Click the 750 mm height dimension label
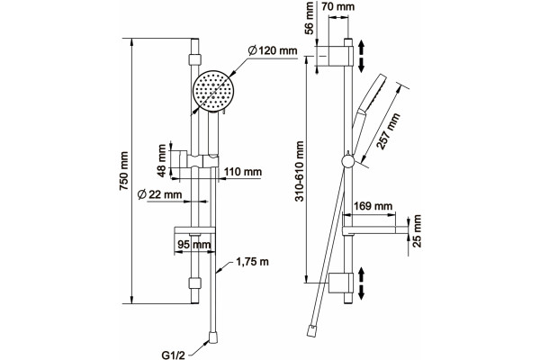[123, 171]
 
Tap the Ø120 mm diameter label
[273, 50]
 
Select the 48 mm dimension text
[162, 160]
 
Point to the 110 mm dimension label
[243, 172]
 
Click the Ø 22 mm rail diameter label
[159, 194]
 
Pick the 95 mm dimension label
[193, 245]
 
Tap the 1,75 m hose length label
[252, 262]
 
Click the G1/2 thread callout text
[173, 355]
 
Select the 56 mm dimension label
[310, 18]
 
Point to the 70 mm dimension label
[337, 6]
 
